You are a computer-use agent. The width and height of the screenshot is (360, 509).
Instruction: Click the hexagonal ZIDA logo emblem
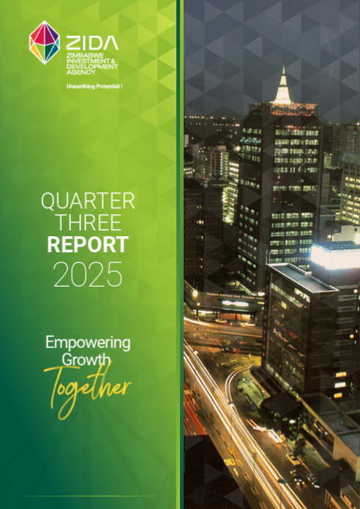click(44, 42)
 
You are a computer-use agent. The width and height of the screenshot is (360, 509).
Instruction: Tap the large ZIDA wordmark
click(91, 44)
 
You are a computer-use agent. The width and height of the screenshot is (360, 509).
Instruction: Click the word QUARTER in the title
click(88, 202)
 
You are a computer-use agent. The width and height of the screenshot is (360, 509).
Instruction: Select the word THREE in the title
click(88, 223)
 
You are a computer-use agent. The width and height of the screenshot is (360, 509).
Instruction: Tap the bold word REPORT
click(88, 245)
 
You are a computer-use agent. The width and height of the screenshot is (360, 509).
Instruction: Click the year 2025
click(88, 275)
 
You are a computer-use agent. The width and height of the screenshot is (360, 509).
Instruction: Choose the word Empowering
click(88, 342)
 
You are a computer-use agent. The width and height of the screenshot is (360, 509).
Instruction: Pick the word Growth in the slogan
click(86, 359)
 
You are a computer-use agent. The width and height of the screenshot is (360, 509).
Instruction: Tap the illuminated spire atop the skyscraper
click(282, 86)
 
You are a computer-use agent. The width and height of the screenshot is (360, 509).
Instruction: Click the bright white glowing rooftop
click(334, 254)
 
